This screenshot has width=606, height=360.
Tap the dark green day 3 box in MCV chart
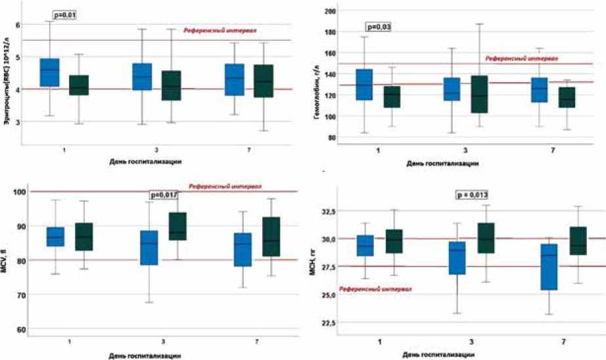[x=178, y=226]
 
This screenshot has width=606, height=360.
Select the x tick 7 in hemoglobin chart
[x=551, y=150]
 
